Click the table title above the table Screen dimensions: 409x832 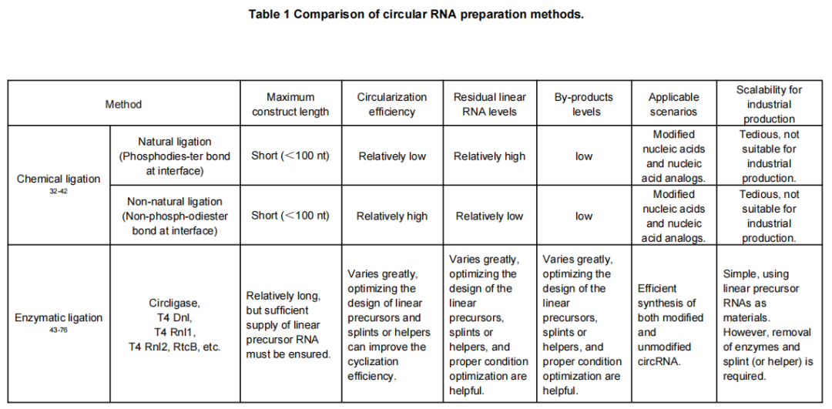416,15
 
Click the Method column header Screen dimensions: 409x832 123,104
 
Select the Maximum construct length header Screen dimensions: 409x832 291,104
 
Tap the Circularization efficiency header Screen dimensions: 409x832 391,104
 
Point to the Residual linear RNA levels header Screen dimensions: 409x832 489,104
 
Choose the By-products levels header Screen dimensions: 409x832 583,104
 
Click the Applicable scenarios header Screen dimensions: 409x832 673,104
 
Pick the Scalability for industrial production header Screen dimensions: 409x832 768,104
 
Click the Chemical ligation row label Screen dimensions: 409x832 59,179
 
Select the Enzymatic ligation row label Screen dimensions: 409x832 59,317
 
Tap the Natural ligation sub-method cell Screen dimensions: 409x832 174,156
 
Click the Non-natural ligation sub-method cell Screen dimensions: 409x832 174,216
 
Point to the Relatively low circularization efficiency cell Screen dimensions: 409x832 391,156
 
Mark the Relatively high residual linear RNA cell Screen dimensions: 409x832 489,156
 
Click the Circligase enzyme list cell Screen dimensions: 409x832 174,325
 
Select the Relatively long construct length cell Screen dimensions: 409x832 289,325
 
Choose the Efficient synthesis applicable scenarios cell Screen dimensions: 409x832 670,325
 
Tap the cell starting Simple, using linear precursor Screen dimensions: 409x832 767,325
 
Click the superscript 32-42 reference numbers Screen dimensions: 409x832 59,190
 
